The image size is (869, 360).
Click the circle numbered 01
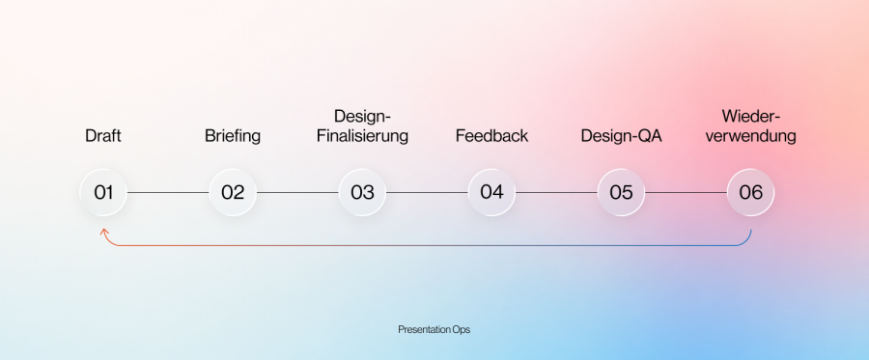(x=103, y=193)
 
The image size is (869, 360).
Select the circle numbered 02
(x=233, y=193)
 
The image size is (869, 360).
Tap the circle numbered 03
(x=362, y=193)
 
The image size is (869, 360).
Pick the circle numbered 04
(x=491, y=193)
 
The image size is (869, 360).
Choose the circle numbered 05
(x=621, y=193)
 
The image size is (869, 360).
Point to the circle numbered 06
(x=750, y=193)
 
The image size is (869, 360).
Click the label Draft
(x=103, y=136)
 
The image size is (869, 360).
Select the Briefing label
(x=233, y=136)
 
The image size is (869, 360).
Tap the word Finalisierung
(x=362, y=136)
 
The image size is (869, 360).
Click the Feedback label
(x=491, y=136)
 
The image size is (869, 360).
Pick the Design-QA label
(x=621, y=136)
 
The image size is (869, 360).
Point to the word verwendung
(x=751, y=136)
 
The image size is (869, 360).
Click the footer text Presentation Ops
(x=434, y=329)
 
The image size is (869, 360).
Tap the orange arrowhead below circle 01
(x=103, y=232)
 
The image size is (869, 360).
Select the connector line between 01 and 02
(x=168, y=193)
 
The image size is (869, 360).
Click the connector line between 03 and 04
(x=427, y=193)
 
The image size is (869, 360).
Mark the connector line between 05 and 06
(x=686, y=193)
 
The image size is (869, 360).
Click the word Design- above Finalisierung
(x=362, y=117)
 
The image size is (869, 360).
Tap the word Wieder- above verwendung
(x=751, y=117)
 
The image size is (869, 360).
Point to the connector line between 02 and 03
(x=297, y=193)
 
